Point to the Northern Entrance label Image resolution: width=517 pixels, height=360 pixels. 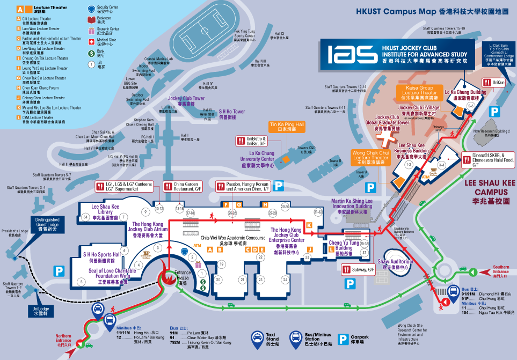pos(63,339)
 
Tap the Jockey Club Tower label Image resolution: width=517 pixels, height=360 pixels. pos(186,101)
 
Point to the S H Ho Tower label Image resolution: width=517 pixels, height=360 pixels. pos(231,114)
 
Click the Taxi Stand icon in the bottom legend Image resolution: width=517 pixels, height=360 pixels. pos(258,337)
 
